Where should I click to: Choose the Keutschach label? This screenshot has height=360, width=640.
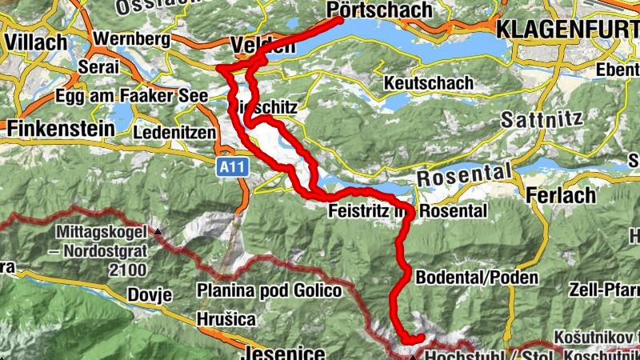(428, 83)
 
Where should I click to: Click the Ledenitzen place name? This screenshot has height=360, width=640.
(176, 131)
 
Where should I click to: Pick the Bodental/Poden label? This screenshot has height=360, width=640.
(477, 277)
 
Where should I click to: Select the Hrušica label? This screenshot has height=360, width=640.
(227, 319)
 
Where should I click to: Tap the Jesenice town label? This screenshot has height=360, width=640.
(274, 353)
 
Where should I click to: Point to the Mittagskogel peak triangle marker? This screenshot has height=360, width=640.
(158, 232)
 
